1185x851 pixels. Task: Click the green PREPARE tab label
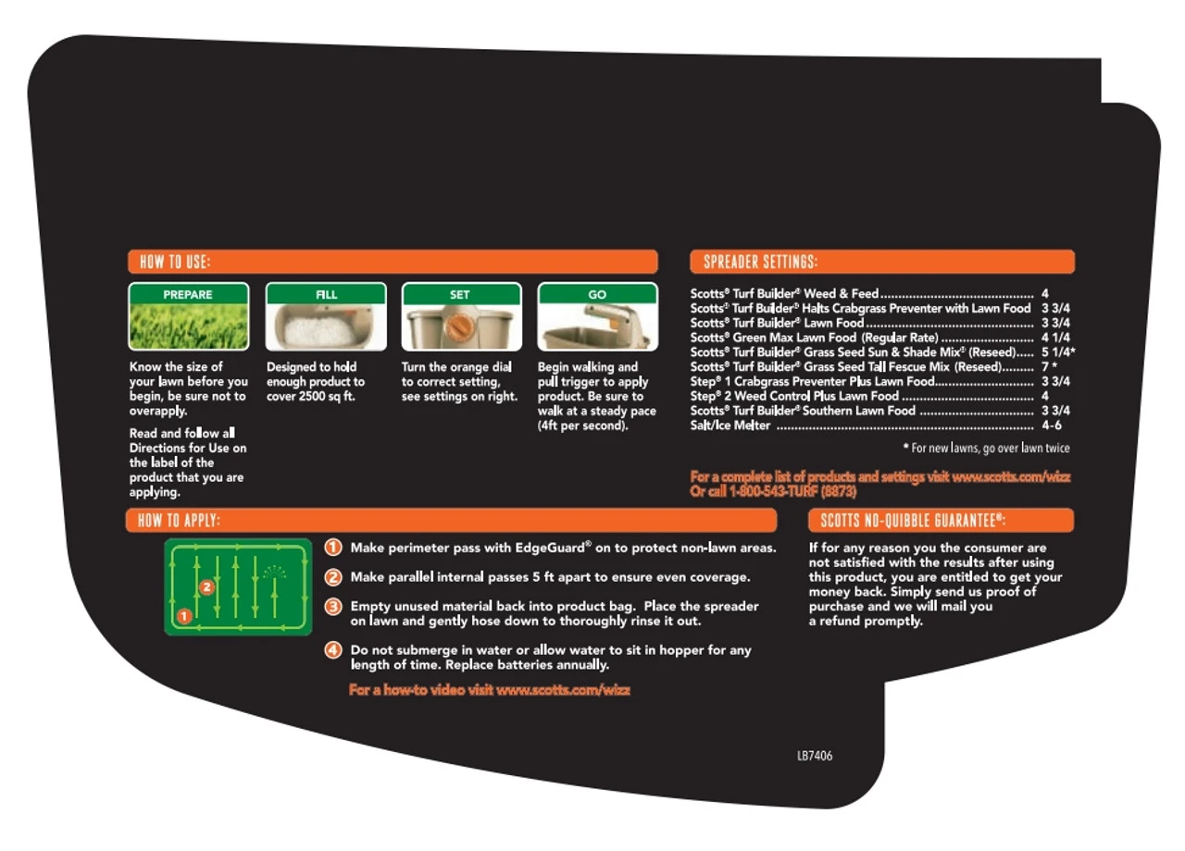[188, 294]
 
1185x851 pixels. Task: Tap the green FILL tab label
[326, 294]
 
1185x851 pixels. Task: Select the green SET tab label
[460, 294]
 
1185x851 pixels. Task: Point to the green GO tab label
[597, 294]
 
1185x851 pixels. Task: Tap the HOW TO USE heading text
[175, 262]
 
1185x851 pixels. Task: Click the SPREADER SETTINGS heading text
[760, 262]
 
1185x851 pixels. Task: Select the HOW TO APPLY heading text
[179, 520]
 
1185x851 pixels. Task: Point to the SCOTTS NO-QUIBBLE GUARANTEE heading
[913, 520]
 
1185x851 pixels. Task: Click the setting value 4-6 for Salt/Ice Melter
[1052, 425]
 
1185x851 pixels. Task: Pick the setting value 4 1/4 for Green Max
[1055, 338]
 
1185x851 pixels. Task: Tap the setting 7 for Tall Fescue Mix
[1045, 366]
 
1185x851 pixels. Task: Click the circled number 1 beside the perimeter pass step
[332, 547]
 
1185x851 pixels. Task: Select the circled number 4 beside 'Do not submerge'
[332, 649]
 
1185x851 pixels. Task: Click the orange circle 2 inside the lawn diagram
[206, 586]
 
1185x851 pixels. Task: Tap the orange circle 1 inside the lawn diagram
[184, 616]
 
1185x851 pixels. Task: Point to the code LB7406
[815, 756]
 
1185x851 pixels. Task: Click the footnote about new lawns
[987, 449]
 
